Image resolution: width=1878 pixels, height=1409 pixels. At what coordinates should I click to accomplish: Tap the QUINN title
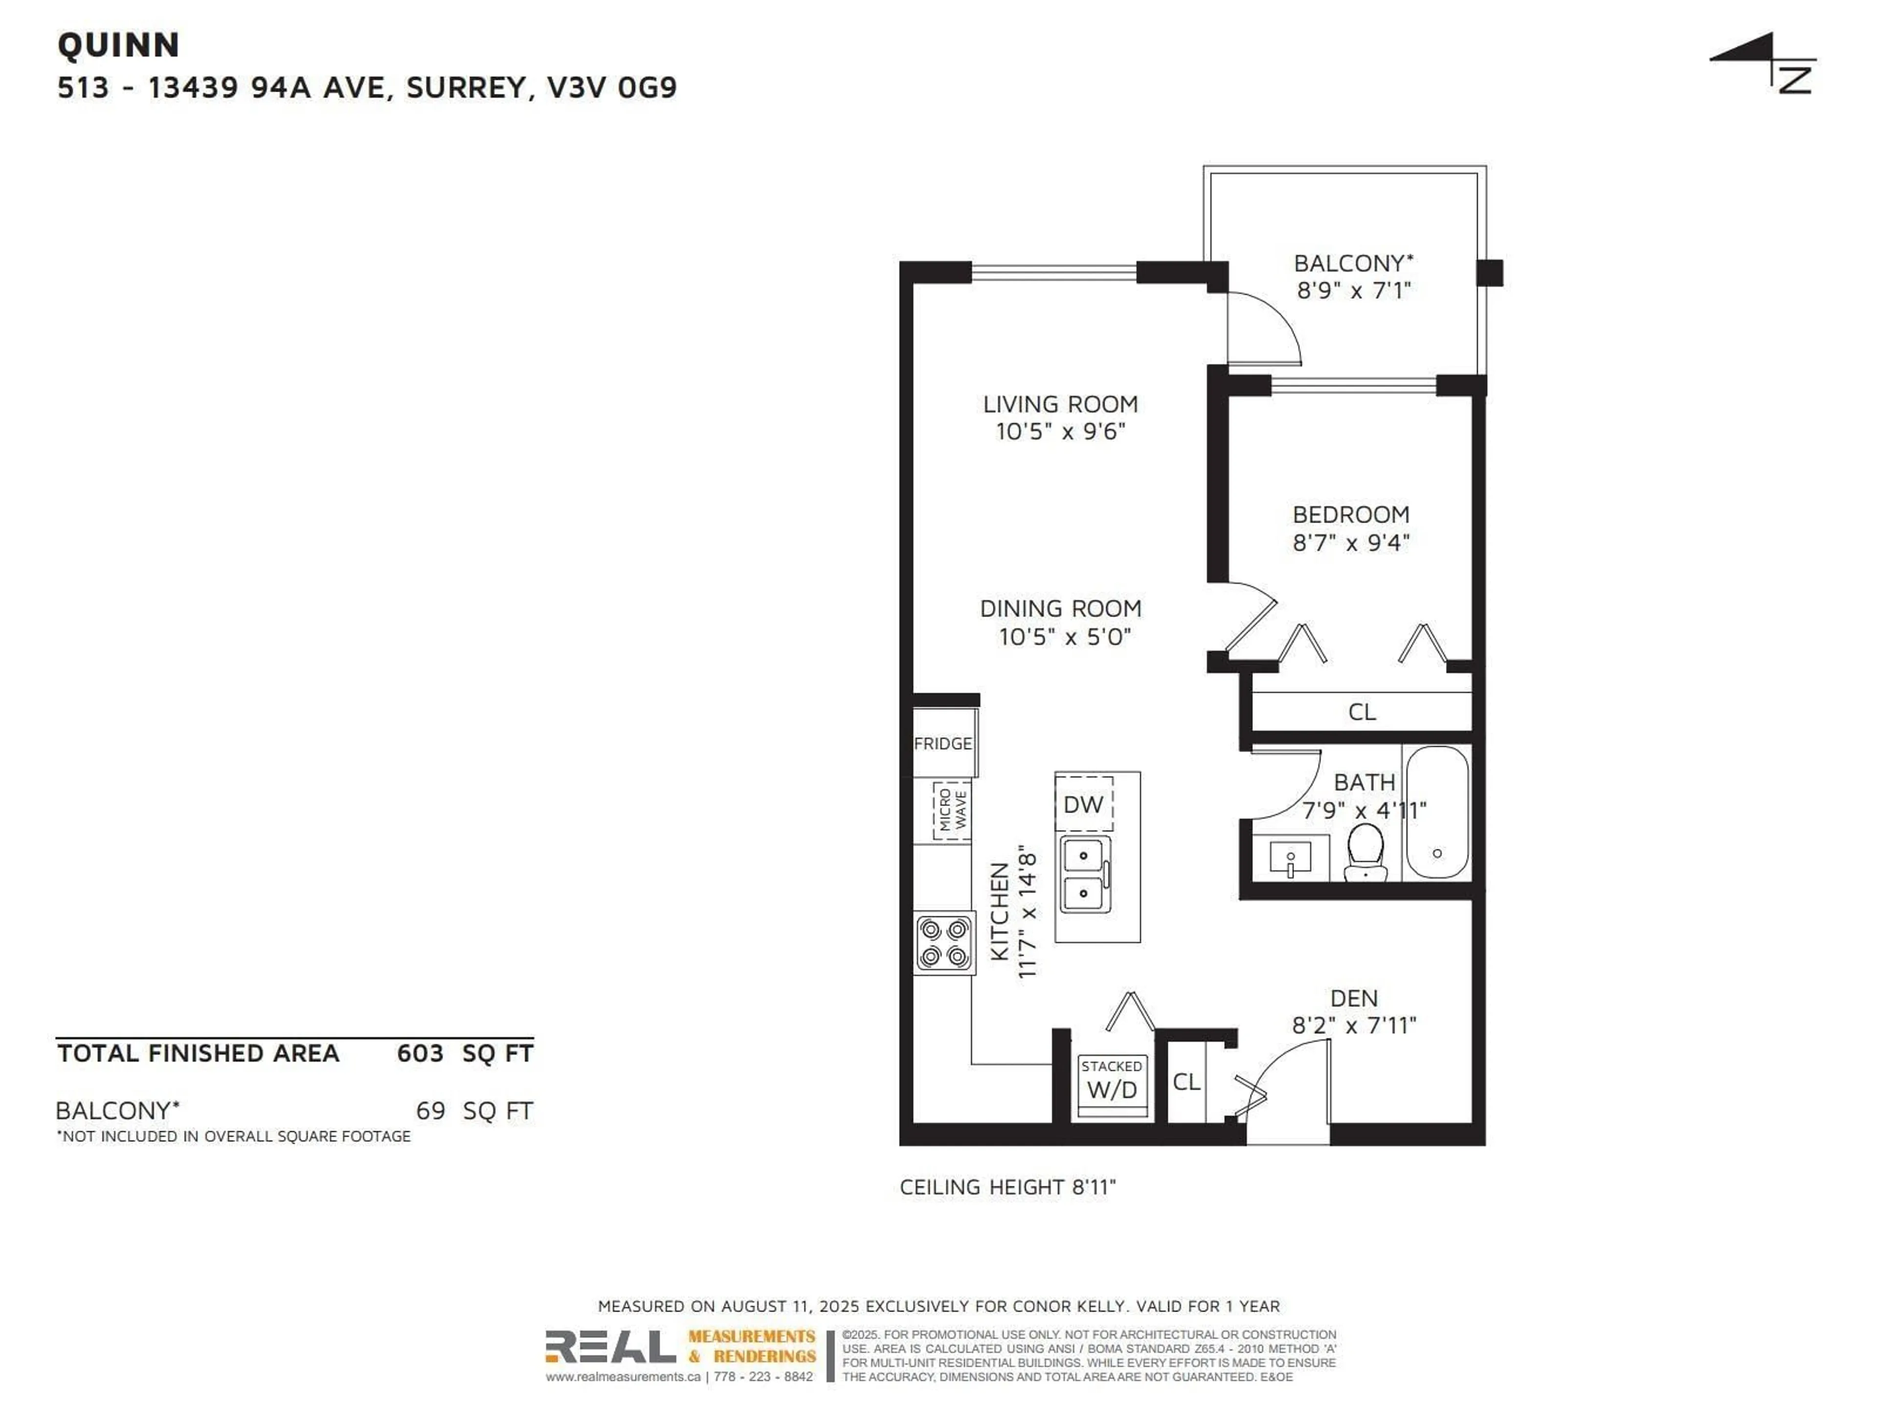[119, 45]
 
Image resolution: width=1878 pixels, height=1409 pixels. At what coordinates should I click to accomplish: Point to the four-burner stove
[944, 943]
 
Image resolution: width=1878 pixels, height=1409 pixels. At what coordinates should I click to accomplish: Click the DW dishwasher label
[1083, 804]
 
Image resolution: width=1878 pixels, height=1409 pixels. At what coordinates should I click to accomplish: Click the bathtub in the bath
[1436, 813]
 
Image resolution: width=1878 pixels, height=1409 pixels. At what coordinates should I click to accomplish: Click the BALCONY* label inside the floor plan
[1353, 263]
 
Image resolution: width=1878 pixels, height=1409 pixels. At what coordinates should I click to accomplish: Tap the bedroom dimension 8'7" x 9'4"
[1351, 542]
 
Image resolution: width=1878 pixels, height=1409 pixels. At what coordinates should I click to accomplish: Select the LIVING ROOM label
[1060, 404]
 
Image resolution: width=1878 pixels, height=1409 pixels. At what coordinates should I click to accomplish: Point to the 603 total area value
[420, 1053]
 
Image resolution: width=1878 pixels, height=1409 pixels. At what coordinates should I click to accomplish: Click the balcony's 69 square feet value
[430, 1111]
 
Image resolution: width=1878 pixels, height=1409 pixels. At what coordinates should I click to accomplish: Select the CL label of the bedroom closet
[1362, 712]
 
